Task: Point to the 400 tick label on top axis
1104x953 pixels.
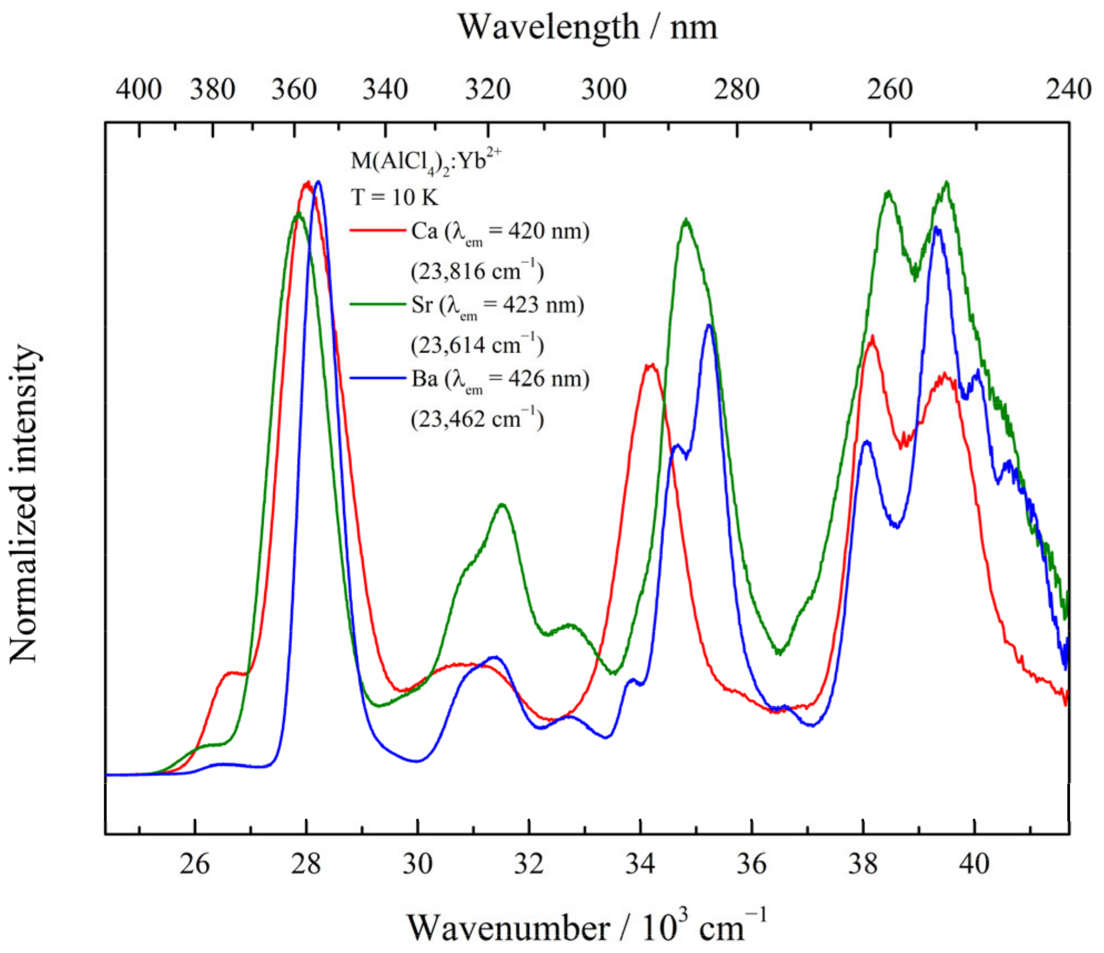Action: pos(139,89)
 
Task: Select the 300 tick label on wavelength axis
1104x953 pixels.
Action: pos(604,89)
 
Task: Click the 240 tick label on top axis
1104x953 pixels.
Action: pos(1068,89)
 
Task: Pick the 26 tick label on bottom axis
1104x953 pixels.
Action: pos(194,864)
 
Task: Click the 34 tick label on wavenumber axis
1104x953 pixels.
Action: pos(640,864)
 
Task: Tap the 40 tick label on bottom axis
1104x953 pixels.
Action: pos(974,864)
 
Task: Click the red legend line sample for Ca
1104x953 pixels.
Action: pos(378,230)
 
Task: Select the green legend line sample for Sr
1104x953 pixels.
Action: pos(378,304)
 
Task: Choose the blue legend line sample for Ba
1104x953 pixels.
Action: pos(378,378)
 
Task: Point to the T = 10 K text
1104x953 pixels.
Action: pos(394,197)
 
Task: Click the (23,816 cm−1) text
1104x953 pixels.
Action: pos(477,270)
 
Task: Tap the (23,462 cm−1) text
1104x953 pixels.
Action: pos(477,418)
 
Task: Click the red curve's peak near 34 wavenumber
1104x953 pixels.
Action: pos(650,365)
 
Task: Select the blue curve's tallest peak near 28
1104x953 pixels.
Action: pos(318,182)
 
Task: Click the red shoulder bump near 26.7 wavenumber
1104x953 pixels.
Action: pos(233,673)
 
